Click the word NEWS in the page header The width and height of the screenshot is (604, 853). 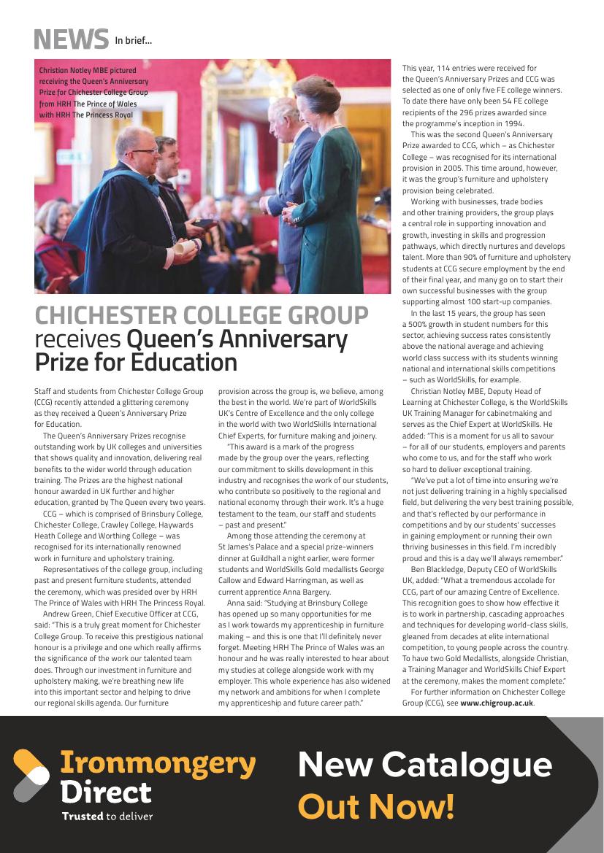(x=71, y=37)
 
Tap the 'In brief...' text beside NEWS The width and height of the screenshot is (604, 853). (x=133, y=41)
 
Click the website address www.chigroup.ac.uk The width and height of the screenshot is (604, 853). (x=497, y=703)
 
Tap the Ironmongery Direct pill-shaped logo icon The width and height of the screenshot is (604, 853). (x=31, y=775)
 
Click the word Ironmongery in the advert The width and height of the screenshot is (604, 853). (x=158, y=763)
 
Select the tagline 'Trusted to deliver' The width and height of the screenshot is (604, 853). (x=107, y=816)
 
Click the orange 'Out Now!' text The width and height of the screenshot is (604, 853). (x=376, y=806)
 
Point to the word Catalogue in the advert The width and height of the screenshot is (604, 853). (x=467, y=765)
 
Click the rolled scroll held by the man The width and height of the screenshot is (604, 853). (x=186, y=250)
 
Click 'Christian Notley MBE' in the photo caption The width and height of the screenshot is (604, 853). (x=77, y=71)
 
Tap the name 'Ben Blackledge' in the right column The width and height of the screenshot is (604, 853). (x=437, y=569)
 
